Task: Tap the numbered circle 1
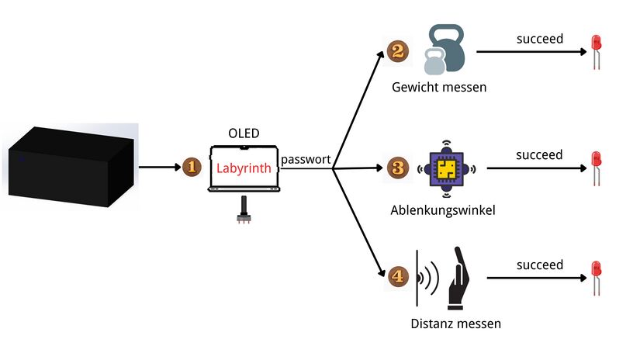[x=192, y=166]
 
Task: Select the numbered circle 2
[x=396, y=51]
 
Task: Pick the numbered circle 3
[x=396, y=167]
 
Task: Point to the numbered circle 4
[x=396, y=276]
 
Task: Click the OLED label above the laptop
[x=244, y=133]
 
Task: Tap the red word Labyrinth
[x=244, y=168]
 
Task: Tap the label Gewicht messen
[x=439, y=87]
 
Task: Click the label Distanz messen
[x=456, y=321]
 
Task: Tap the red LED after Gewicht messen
[x=597, y=50]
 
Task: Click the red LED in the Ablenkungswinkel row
[x=597, y=164]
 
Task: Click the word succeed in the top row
[x=540, y=39]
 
